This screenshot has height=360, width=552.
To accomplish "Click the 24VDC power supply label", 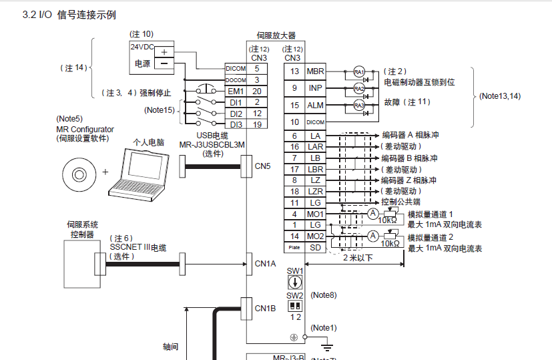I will (141, 47).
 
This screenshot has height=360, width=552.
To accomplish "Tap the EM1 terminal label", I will (236, 91).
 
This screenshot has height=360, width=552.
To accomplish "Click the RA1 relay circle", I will (359, 71).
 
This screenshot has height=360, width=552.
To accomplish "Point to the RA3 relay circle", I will (359, 106).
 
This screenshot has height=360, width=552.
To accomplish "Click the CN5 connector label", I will (262, 166).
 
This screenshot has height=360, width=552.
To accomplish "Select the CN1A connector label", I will (265, 263).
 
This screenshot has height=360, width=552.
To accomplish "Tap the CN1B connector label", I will (265, 309).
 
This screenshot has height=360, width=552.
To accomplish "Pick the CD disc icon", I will (78, 172).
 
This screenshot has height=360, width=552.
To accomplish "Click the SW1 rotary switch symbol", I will (294, 282).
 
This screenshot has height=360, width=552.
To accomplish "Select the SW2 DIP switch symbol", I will (294, 305).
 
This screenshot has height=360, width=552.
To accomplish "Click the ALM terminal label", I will (315, 106).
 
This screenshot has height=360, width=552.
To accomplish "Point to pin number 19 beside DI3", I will (256, 124).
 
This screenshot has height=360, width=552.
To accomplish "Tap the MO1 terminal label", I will (315, 214).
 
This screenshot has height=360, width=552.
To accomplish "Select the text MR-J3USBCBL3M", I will (206, 144).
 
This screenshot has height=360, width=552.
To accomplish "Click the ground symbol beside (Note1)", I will (326, 345).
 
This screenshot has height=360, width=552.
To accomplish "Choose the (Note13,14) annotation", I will (500, 96).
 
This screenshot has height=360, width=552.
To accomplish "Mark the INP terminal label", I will (315, 88).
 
